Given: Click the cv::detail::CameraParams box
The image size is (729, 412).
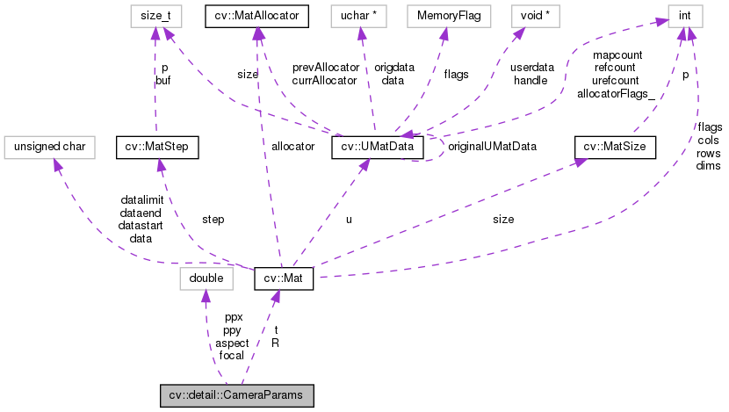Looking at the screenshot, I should coord(236,396).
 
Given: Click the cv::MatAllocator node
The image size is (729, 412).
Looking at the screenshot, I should coord(256,14).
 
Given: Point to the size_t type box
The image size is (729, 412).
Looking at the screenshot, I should coord(158,14).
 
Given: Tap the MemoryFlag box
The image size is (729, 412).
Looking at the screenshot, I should coord(444,14).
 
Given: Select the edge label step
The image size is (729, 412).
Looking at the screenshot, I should coord(213,219).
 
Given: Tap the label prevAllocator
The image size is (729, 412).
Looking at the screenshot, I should coord(325,68).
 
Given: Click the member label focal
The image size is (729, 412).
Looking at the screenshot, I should coord(232,355).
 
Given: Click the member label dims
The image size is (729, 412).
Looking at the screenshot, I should coord(708,166).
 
